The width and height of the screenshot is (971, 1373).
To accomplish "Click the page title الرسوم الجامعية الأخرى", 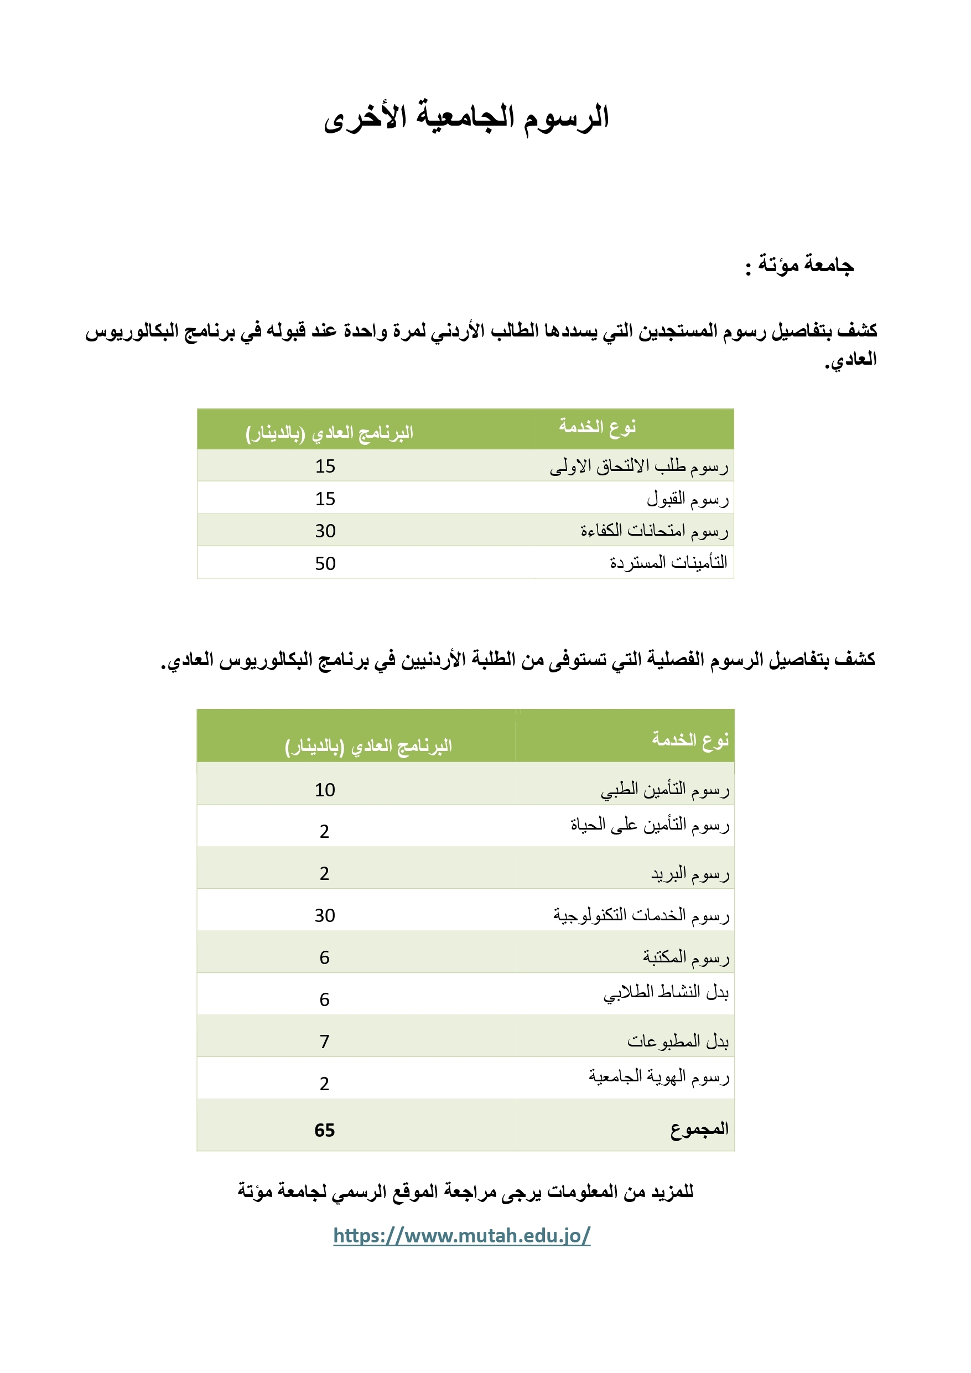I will pos(466,117).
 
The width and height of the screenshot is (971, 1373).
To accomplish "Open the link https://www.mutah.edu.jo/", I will pos(461,1235).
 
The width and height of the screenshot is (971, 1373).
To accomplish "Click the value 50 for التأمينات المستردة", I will pos(325,563).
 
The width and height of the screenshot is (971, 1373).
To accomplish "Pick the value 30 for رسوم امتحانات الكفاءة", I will pos(325,530).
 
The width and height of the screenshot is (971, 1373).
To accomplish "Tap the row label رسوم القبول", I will pos(688,499).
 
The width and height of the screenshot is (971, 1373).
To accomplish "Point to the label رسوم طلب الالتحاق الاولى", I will pos(639,466).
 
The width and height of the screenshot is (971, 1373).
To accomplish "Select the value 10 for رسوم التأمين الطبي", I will pos(325,790).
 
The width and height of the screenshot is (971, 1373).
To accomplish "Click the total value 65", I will pos(325,1130).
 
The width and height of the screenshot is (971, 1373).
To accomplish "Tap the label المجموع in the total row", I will pos(699,1129).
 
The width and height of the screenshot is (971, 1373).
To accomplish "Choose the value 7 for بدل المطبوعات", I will pos(324,1042).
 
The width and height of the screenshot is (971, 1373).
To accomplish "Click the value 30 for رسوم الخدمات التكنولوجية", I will pos(325,915).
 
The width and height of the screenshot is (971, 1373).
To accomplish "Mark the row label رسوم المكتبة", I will pos(686,957).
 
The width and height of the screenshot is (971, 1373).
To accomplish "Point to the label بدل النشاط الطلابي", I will pos(666,993).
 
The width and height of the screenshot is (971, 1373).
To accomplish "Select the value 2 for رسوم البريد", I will pos(324,874).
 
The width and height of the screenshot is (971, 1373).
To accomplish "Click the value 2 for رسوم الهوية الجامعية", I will pos(324,1084).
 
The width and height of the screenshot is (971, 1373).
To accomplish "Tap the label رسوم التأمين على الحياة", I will pos(650,825).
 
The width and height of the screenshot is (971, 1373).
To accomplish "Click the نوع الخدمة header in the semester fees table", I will pos(690,740).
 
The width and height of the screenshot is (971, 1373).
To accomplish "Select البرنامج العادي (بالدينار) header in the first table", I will pos(329,432).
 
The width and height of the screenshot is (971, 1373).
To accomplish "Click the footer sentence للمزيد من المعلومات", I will pos(465,1191).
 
